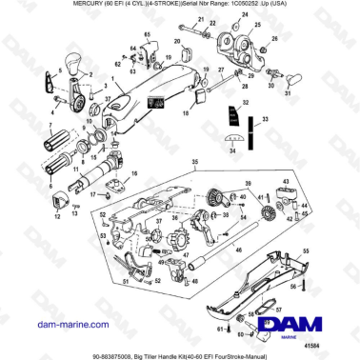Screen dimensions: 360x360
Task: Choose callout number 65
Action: pyautogui.click(x=147, y=34)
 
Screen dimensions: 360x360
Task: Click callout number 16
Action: pyautogui.click(x=134, y=172)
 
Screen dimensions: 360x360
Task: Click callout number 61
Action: pyautogui.click(x=220, y=327)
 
